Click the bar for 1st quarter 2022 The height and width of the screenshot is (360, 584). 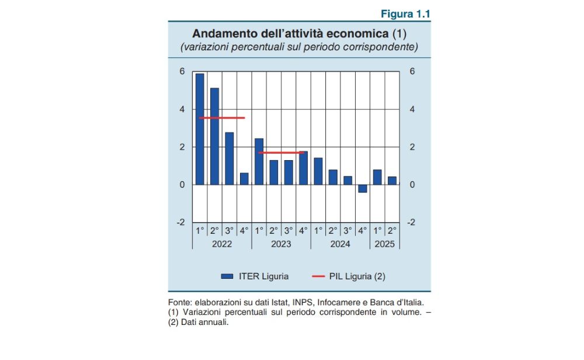tap(200, 129)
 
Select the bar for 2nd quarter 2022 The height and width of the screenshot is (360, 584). tap(214, 136)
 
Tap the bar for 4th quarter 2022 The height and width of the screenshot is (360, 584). tap(244, 179)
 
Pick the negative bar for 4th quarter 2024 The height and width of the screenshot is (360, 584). tap(363, 188)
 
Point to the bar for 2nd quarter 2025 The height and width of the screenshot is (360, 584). tap(392, 181)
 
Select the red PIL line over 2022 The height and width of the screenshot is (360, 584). tap(222, 118)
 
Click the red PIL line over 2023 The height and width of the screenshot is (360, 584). tap(281, 153)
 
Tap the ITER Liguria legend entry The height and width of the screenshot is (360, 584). tap(255, 276)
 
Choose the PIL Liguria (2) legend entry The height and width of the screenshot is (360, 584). tap(349, 276)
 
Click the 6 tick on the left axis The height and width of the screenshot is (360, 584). tap(182, 71)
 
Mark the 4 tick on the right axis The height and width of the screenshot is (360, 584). tap(412, 109)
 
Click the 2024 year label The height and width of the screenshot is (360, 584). tap(340, 244)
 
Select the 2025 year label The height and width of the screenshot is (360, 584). tap(385, 244)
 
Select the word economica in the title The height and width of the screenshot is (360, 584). tap(358, 33)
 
